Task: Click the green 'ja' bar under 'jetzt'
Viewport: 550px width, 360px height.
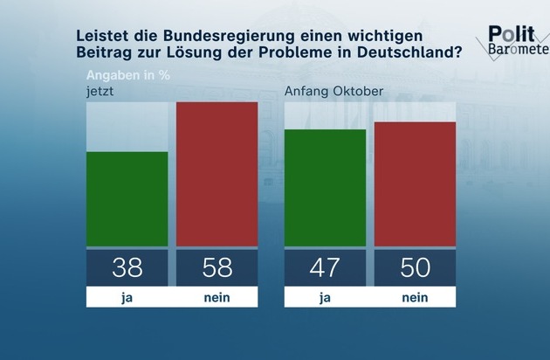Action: (x=127, y=199)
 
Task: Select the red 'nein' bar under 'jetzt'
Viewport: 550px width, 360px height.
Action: (x=217, y=174)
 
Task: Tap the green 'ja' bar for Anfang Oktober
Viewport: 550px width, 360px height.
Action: (x=326, y=188)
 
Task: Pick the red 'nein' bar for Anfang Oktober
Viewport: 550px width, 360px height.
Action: (x=416, y=184)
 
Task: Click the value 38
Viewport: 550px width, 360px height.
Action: (x=127, y=267)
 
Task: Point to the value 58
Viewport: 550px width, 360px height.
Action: (x=217, y=267)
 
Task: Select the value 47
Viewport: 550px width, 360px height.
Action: (x=326, y=267)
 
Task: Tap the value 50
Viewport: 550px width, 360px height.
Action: (x=416, y=267)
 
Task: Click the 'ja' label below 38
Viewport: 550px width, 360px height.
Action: (x=127, y=297)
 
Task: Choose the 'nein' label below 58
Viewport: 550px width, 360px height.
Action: (x=217, y=297)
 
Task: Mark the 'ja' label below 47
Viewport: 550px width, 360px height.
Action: (x=326, y=297)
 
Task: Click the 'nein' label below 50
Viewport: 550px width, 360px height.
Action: (x=416, y=297)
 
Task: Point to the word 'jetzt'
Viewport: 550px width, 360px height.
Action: (x=100, y=91)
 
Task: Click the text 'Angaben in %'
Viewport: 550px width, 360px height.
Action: (x=127, y=75)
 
